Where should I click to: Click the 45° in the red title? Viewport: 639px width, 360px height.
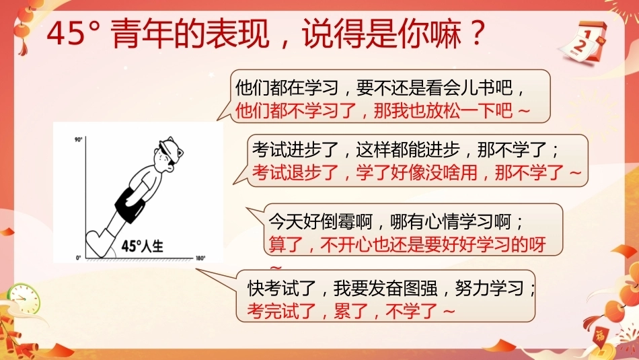(x=73, y=34)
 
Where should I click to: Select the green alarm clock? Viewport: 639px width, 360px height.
(x=24, y=299)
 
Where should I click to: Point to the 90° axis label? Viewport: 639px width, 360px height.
(x=78, y=140)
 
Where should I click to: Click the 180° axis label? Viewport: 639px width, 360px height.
(x=200, y=258)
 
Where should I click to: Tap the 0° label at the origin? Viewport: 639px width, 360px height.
(x=79, y=258)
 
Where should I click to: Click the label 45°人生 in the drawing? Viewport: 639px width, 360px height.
(x=143, y=246)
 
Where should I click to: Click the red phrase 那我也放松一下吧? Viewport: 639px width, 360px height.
(x=443, y=110)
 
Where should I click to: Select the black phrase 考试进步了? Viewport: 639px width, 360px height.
(x=295, y=150)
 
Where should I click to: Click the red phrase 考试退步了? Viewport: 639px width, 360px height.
(x=295, y=172)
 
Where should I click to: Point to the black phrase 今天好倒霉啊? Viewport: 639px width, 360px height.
(x=320, y=222)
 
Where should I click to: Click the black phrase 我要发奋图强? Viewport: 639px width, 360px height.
(x=385, y=288)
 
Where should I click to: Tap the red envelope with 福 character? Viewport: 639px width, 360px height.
(x=600, y=336)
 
